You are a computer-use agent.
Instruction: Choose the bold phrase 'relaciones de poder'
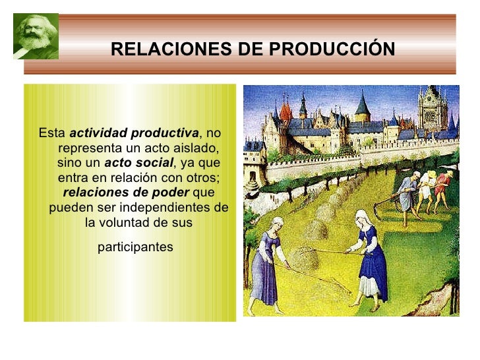point(126,193)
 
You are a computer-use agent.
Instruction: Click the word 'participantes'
point(135,247)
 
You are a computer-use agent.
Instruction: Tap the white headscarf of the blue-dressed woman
point(361,217)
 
